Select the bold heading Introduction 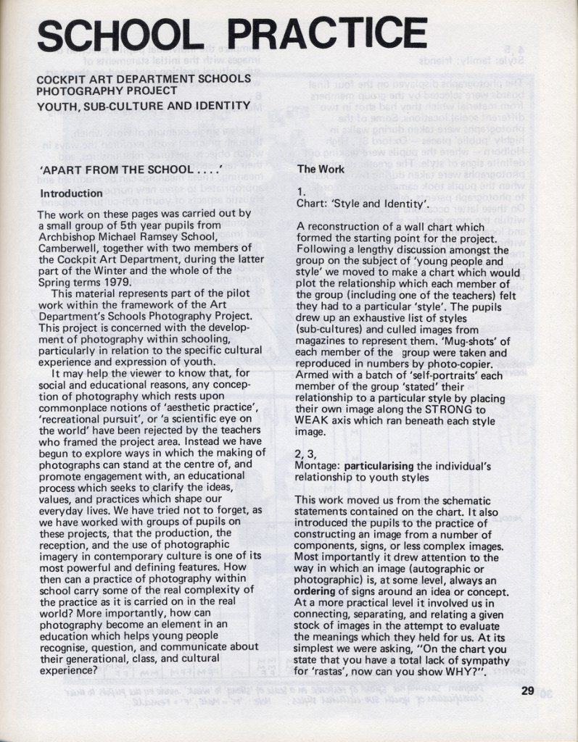71,193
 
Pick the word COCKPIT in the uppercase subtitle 62,78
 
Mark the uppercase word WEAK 313,420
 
